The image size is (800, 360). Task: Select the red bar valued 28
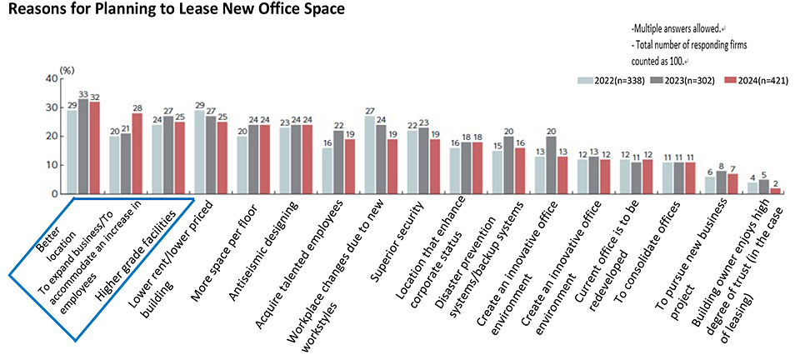pyautogui.click(x=137, y=153)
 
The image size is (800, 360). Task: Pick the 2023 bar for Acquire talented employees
pyautogui.click(x=339, y=162)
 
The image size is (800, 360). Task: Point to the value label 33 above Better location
pyautogui.click(x=83, y=93)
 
